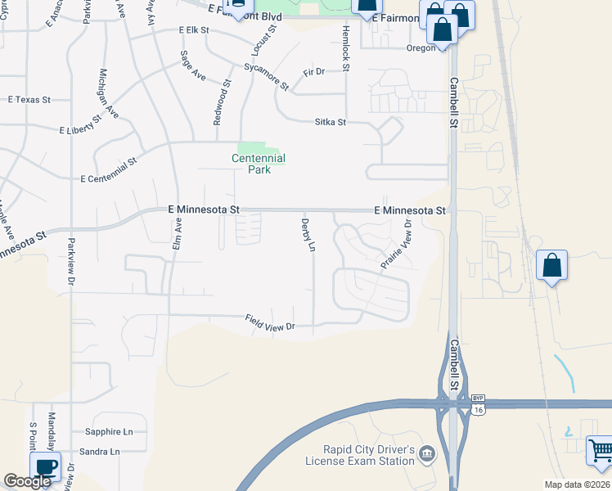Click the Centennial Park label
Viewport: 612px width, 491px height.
coord(258,164)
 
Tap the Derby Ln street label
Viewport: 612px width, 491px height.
coord(308,234)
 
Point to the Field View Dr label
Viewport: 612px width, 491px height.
coord(270,324)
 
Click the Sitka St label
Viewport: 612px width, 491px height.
coord(331,122)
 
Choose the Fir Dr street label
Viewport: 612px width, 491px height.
coord(314,72)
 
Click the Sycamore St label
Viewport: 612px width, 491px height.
coord(267,76)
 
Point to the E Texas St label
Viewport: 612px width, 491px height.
coord(29,100)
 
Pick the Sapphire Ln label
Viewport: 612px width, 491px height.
coord(109,431)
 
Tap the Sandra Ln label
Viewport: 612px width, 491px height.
coord(100,452)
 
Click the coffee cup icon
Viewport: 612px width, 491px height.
coord(46,467)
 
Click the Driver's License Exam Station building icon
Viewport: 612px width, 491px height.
coord(427,453)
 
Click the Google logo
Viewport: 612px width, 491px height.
coord(27,481)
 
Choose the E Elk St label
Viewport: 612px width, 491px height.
coord(194,29)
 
